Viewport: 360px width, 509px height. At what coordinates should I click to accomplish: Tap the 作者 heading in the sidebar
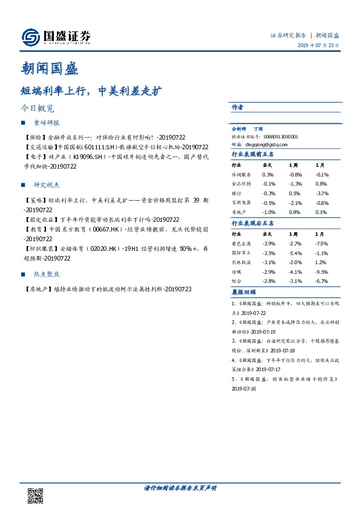click(238, 107)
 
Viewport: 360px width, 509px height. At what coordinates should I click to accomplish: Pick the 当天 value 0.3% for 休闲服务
click(268, 174)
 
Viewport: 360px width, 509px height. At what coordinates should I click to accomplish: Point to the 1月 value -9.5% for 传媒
click(321, 272)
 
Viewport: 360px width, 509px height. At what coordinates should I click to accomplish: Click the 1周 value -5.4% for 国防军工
click(295, 253)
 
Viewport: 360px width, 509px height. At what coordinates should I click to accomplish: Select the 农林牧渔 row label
click(242, 262)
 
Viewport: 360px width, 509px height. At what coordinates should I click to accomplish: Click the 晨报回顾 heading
click(244, 292)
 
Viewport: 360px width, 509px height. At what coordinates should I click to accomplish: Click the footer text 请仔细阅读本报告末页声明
click(180, 488)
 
